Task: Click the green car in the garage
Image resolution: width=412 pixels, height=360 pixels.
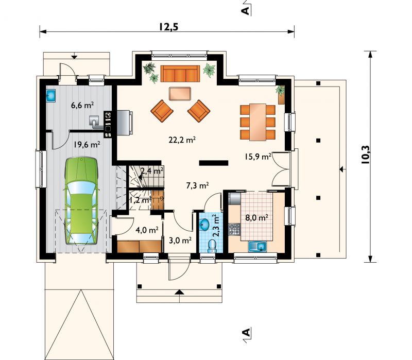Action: click(81, 201)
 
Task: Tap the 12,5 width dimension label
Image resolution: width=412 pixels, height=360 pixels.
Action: click(168, 27)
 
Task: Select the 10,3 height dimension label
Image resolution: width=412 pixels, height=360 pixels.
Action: click(365, 155)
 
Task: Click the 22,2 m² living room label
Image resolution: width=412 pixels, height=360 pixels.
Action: click(182, 140)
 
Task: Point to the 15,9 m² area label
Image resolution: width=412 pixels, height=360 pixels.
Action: click(258, 157)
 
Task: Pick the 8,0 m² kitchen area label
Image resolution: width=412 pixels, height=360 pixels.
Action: click(256, 218)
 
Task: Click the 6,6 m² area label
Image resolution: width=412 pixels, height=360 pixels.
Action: click(82, 105)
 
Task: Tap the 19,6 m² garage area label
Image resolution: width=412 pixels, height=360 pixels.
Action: click(87, 145)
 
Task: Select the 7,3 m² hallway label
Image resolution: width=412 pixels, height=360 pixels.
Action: click(197, 186)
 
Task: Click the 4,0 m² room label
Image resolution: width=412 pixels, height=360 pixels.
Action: click(147, 230)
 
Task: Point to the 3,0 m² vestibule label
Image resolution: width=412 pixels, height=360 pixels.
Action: click(180, 240)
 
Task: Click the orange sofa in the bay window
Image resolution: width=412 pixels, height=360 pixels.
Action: click(180, 74)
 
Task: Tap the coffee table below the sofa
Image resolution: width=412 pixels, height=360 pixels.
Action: click(180, 94)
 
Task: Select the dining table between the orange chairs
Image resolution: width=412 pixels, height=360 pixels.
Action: click(258, 122)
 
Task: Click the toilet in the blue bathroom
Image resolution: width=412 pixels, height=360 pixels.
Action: click(212, 246)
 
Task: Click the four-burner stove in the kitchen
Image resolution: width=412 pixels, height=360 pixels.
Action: click(234, 229)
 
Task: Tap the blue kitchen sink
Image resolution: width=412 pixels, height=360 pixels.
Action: click(258, 247)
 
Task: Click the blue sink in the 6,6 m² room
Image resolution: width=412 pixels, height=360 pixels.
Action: click(50, 96)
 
